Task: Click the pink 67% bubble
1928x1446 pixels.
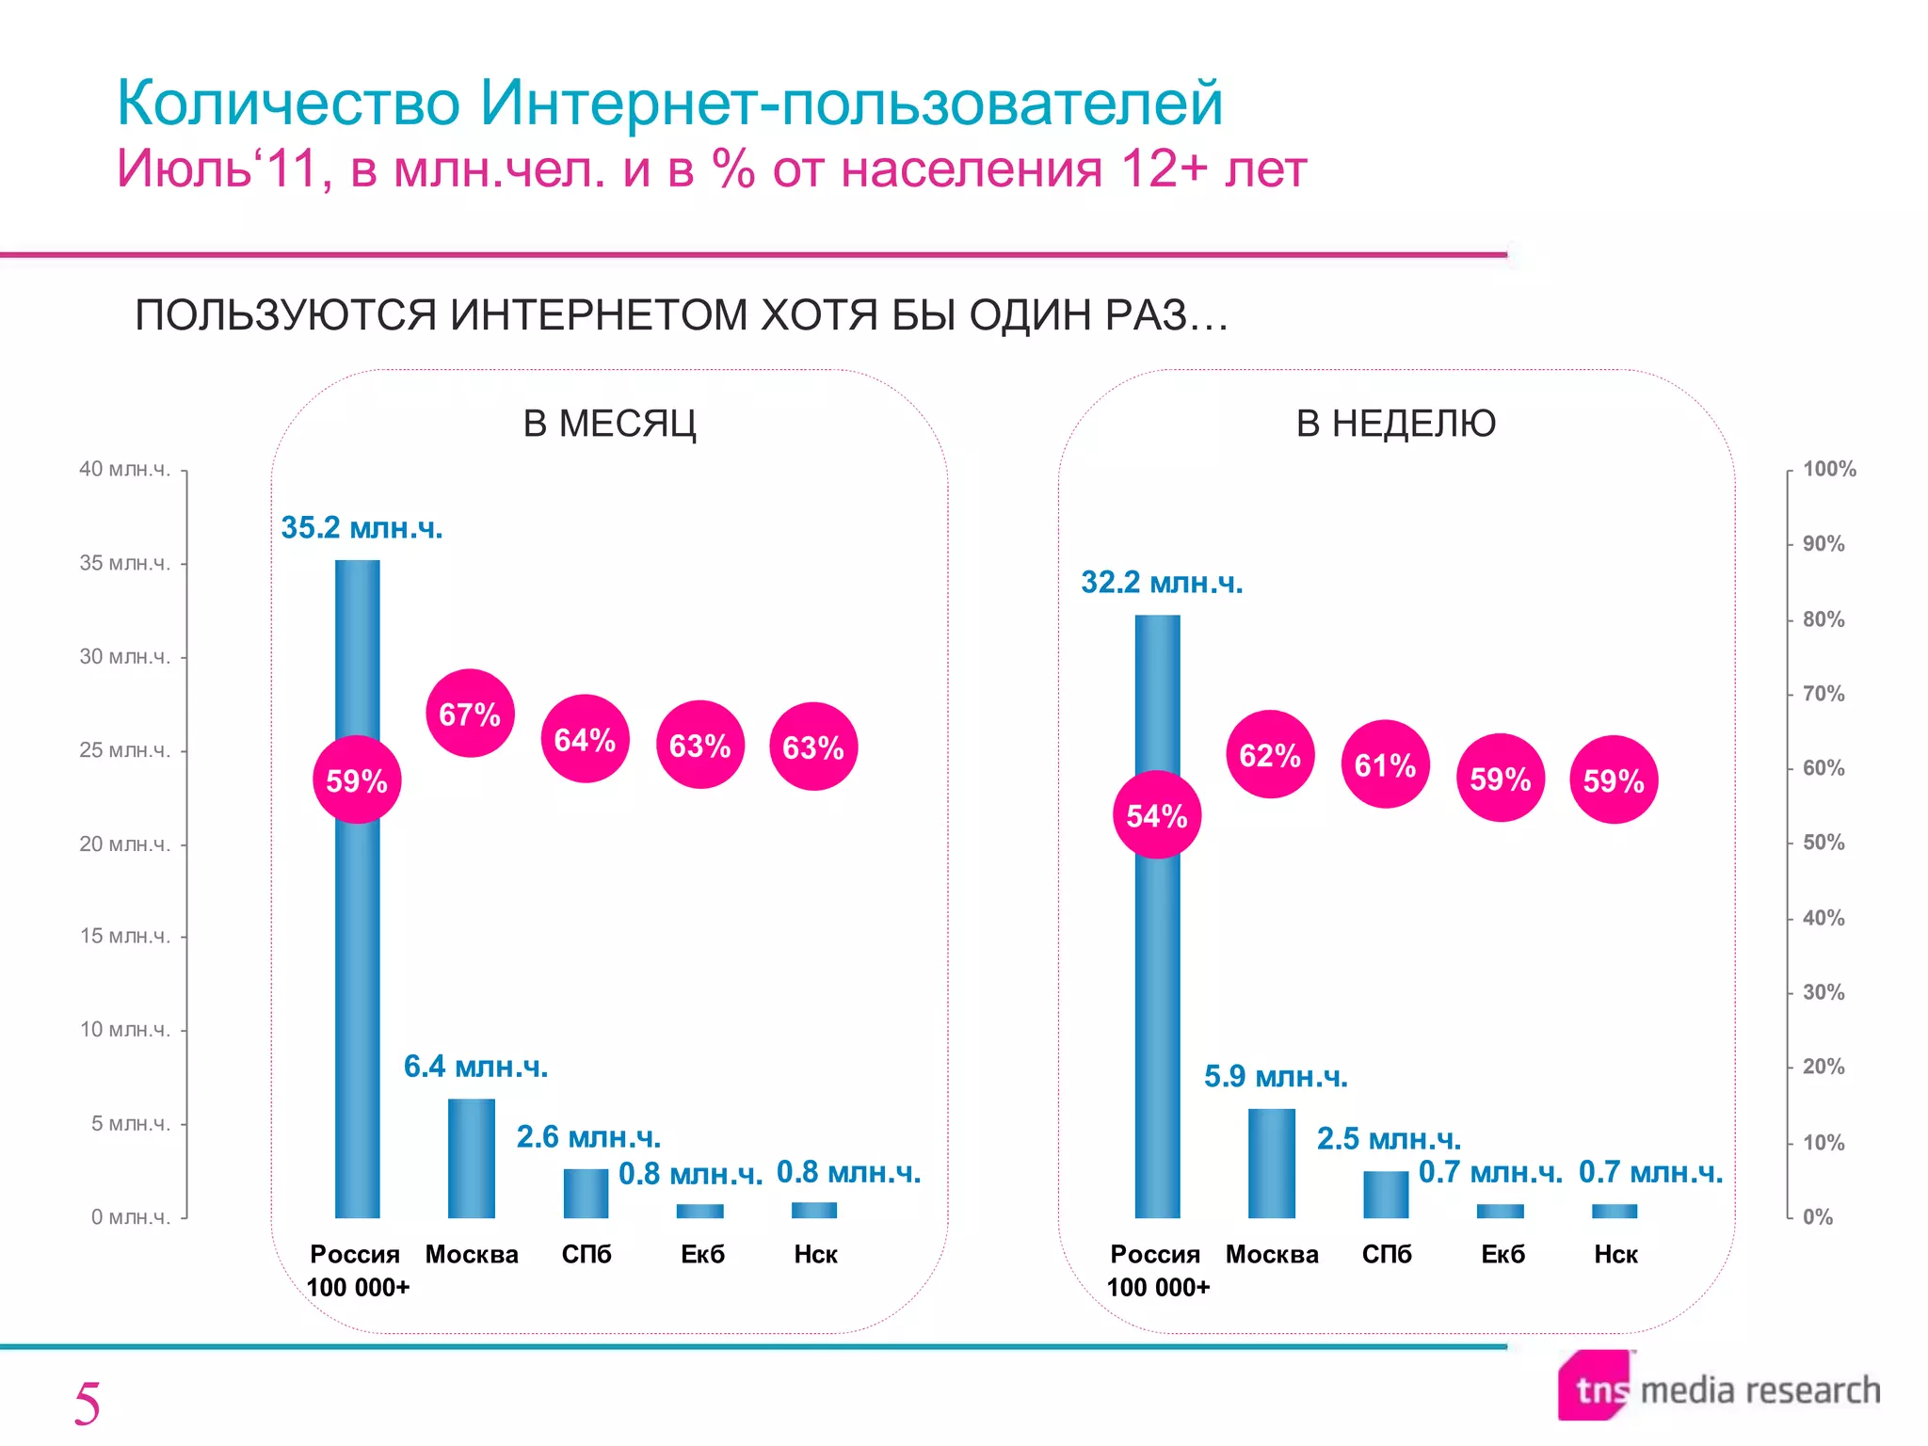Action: [470, 714]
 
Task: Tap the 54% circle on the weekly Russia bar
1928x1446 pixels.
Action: [1157, 814]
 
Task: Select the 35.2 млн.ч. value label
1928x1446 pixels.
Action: [361, 528]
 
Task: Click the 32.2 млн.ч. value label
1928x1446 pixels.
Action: [1162, 583]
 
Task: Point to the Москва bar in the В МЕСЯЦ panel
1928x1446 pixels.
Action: [471, 1158]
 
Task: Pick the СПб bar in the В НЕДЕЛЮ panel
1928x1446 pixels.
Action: [1386, 1194]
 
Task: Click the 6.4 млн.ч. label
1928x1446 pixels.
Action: [475, 1067]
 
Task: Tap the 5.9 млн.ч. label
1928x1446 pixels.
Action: [1276, 1076]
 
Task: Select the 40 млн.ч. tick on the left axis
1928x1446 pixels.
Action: [125, 469]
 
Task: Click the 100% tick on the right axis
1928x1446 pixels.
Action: [1829, 469]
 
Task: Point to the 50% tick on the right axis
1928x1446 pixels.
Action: [1824, 843]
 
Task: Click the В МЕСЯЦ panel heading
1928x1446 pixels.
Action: [609, 424]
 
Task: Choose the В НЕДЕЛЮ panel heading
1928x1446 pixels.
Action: [1395, 424]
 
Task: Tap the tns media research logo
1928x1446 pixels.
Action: [1719, 1389]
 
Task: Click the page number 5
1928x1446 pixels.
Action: [87, 1405]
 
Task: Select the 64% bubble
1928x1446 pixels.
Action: [585, 739]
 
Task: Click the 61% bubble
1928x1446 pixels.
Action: [1385, 764]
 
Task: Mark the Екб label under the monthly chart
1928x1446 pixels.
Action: [702, 1254]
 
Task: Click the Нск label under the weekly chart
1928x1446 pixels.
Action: [1615, 1254]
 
